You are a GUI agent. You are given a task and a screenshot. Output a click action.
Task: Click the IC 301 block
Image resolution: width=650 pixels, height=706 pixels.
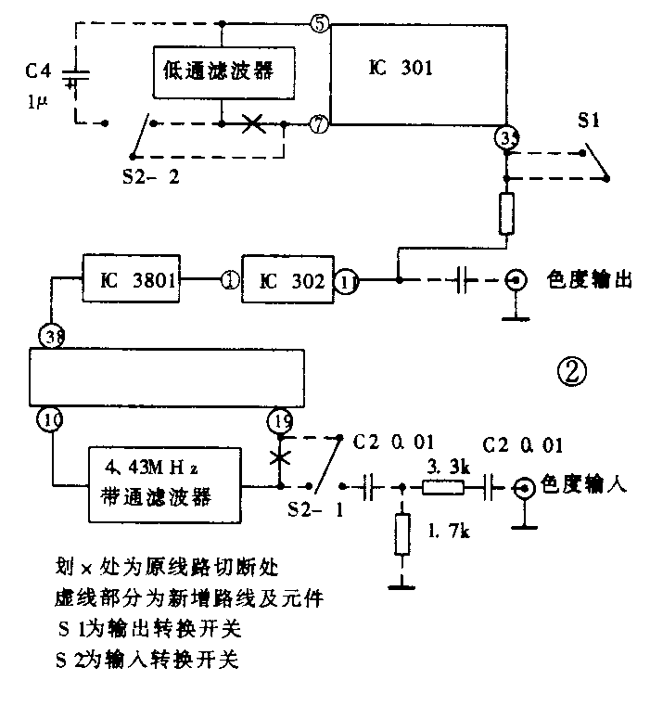coord(416,74)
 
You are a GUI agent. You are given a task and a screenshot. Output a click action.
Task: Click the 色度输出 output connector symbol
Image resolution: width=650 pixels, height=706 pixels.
coord(517,279)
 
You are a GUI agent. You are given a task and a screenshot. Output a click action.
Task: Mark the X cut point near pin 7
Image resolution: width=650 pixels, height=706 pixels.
coord(250,122)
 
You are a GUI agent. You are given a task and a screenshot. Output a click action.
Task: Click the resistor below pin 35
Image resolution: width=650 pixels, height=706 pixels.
coord(506,214)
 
